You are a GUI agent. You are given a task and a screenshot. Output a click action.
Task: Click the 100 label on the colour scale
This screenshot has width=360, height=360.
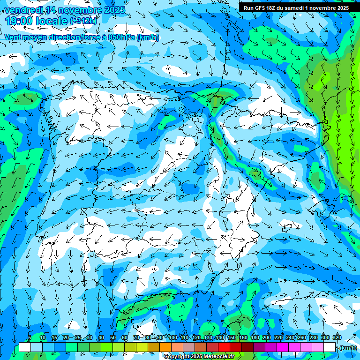click(173, 337)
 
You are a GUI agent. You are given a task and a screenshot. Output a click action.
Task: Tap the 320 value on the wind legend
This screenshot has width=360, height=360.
click(337, 337)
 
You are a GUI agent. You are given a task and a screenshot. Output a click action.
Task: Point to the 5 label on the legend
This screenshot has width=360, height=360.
click(30, 337)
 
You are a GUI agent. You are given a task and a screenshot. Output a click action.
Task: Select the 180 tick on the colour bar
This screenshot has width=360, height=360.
click(255, 337)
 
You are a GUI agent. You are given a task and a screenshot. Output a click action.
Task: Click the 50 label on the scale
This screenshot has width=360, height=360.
click(113, 337)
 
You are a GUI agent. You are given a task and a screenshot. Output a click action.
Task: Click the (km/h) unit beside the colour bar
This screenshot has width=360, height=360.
click(347, 348)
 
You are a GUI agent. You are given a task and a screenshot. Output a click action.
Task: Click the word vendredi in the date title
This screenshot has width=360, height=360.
click(25, 10)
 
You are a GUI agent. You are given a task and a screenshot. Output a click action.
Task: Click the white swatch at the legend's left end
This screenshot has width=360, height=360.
click(24, 347)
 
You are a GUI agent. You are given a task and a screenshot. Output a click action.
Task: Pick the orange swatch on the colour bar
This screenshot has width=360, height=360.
click(165, 347)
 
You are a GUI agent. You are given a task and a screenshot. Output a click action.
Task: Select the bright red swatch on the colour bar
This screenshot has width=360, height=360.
click(224, 347)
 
